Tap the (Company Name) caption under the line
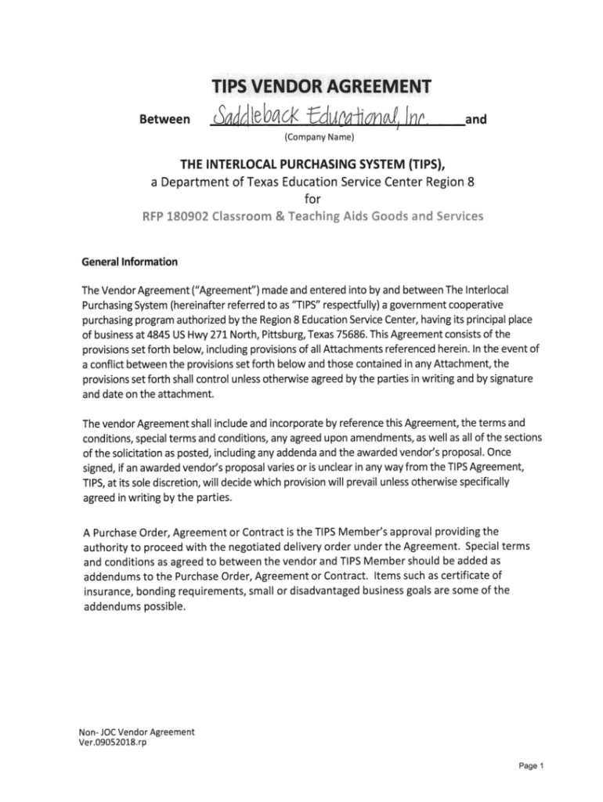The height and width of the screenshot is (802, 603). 319,139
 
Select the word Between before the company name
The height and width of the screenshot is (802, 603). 164,120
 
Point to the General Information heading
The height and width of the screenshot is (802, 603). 130,262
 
